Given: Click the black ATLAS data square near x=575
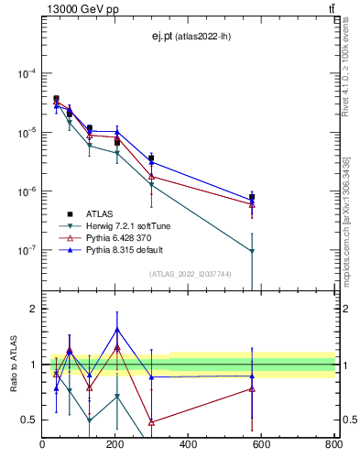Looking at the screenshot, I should [x=252, y=197].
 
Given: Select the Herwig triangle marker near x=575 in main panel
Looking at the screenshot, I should [x=252, y=251].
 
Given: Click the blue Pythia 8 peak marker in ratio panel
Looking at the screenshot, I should [x=117, y=330].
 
